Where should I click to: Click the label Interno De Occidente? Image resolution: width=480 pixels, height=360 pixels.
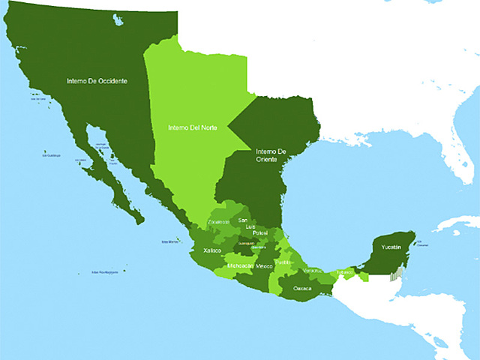[97, 81]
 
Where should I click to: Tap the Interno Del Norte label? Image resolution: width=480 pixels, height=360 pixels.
[193, 127]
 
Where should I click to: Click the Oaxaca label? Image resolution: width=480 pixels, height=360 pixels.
[302, 287]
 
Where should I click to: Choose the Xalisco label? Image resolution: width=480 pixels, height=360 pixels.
[212, 251]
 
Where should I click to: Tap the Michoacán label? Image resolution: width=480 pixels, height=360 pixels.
[239, 266]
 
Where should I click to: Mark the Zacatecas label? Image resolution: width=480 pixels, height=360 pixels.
[219, 222]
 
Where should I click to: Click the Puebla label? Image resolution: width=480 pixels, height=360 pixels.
[283, 262]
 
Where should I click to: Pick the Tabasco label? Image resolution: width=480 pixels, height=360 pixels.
[344, 271]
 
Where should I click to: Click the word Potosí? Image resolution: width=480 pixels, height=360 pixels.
[259, 233]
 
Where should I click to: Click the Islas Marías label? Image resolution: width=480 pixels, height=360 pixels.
[170, 242]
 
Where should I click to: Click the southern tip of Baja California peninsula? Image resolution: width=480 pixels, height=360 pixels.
[139, 221]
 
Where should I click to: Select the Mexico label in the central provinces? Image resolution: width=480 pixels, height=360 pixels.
[265, 266]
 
